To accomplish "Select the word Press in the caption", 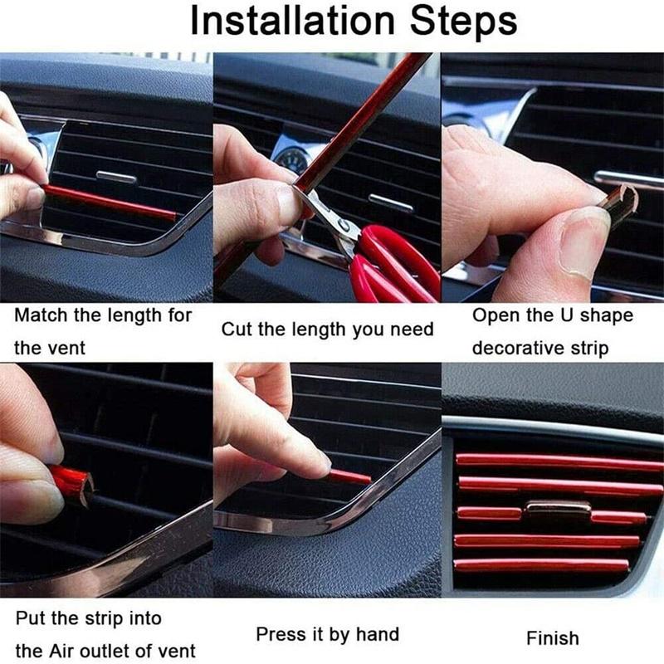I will pos(281,635).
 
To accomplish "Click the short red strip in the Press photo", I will pos(349,476).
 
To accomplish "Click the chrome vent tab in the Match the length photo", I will pos(116,177).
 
